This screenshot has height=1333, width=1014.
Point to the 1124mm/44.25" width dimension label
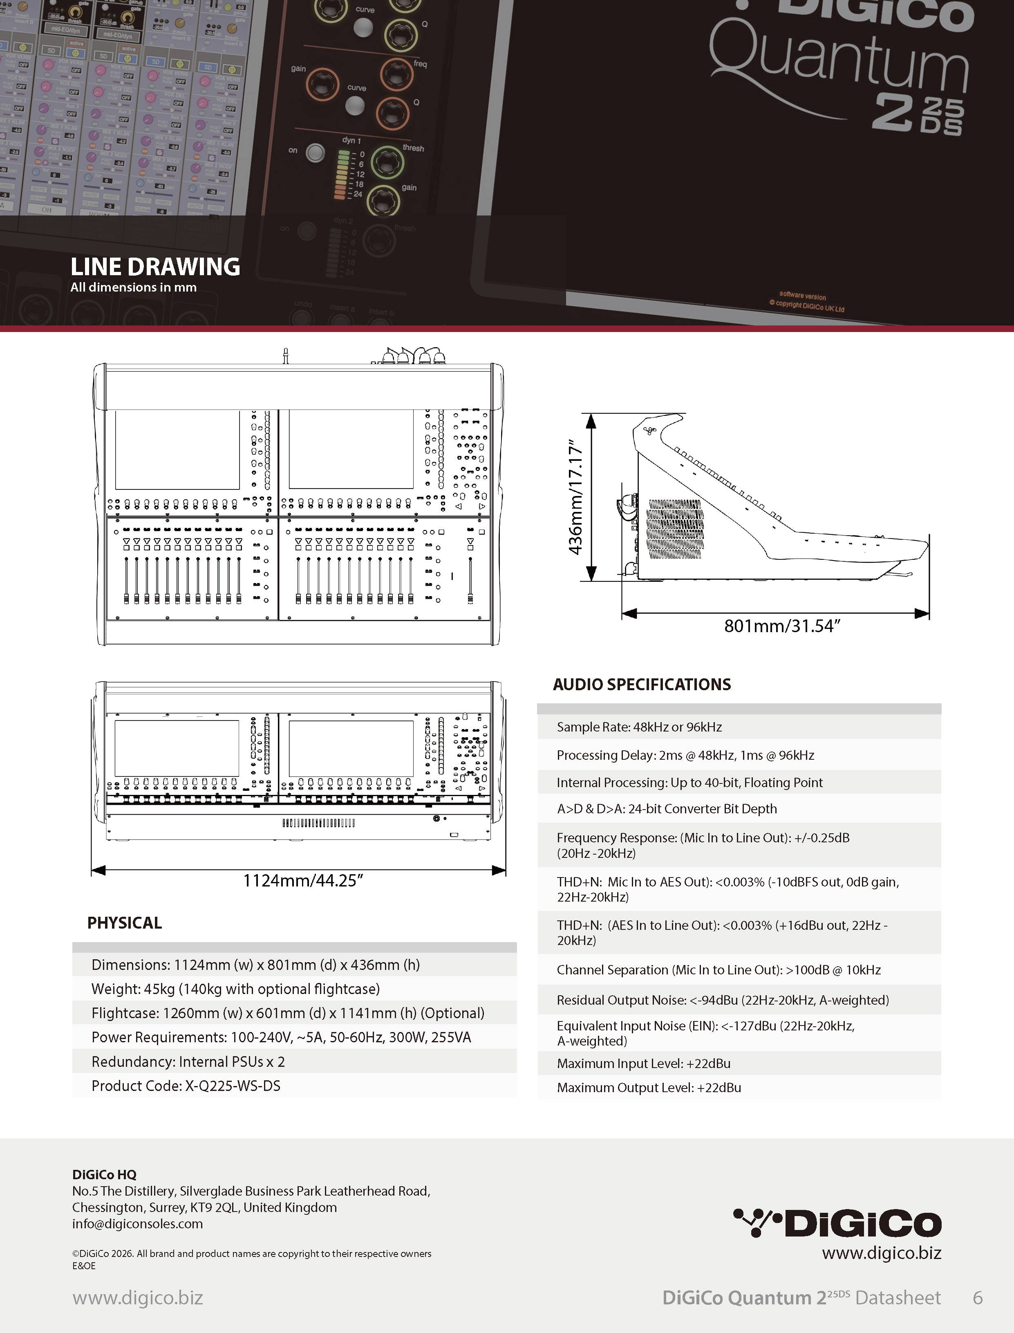pyautogui.click(x=302, y=880)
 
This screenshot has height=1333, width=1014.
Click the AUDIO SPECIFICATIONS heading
pyautogui.click(x=642, y=684)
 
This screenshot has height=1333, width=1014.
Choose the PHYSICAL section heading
pyautogui.click(x=124, y=922)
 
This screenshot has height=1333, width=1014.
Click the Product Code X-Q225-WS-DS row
pyautogui.click(x=186, y=1086)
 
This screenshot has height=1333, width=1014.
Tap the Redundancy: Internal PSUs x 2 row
pyautogui.click(x=188, y=1061)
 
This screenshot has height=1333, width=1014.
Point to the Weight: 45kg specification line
pyautogui.click(x=235, y=989)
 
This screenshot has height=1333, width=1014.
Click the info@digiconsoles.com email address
pyautogui.click(x=138, y=1224)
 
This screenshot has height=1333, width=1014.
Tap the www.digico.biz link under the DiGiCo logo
pyautogui.click(x=881, y=1253)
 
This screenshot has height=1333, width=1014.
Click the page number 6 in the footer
pyautogui.click(x=978, y=1297)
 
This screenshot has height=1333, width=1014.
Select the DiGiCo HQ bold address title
pyautogui.click(x=104, y=1174)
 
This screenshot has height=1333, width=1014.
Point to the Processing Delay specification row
pyautogui.click(x=685, y=755)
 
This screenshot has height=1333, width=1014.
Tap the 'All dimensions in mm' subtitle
pyautogui.click(x=133, y=287)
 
